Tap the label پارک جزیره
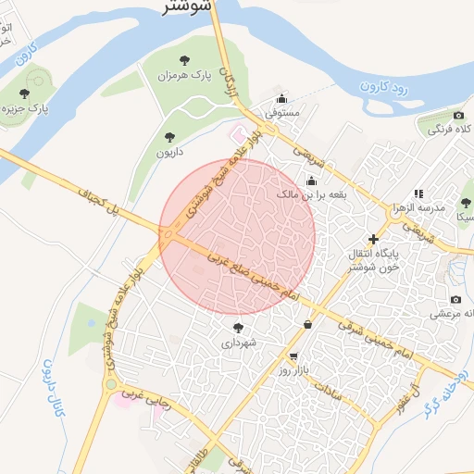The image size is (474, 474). click(x=26, y=109)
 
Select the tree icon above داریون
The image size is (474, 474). click(x=169, y=137)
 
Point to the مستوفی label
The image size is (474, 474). click(x=282, y=113)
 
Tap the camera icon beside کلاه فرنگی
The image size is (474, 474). click(x=457, y=116)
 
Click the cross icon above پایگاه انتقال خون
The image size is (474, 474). click(x=374, y=239)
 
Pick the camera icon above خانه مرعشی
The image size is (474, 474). click(x=455, y=299)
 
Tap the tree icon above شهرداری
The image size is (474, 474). click(x=239, y=328)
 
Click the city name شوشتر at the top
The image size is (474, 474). click(x=185, y=7)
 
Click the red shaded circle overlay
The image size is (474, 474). click(x=237, y=237)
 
